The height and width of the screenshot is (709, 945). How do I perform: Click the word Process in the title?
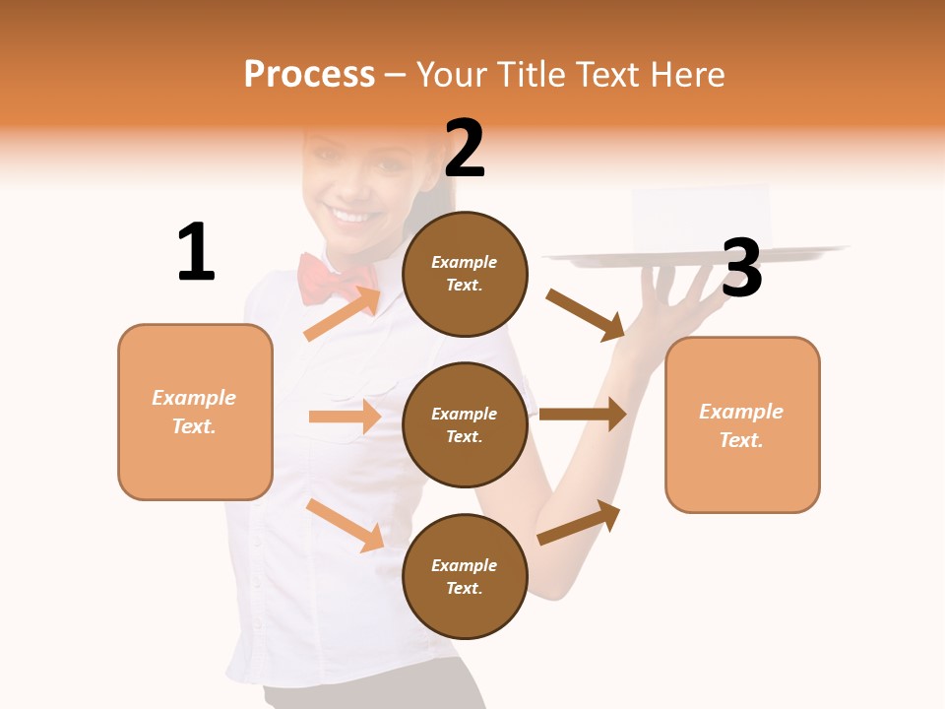tap(309, 75)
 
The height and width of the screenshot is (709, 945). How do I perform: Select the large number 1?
tap(196, 252)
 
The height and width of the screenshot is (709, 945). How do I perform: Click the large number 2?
tap(465, 148)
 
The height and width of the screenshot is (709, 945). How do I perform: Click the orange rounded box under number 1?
tap(195, 412)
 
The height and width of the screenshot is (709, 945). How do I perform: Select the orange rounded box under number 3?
tap(742, 424)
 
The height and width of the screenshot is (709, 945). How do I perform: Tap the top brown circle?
tap(465, 273)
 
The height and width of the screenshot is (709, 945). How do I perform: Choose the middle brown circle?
tap(465, 424)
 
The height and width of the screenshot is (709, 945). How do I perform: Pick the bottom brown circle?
tap(465, 576)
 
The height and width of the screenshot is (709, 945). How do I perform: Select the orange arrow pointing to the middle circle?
tap(345, 417)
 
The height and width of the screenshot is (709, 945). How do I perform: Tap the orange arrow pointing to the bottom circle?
tap(346, 525)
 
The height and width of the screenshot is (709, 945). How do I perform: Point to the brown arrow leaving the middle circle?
tap(583, 414)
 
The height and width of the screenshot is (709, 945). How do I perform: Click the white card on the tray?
tap(700, 219)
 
